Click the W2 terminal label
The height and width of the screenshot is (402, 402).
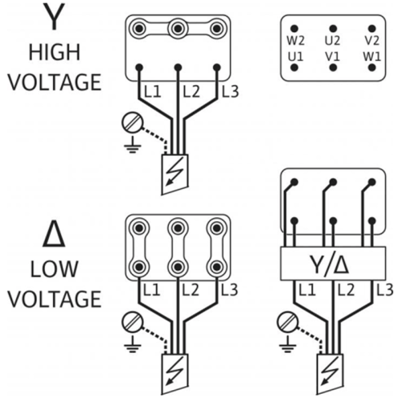tap(296, 41)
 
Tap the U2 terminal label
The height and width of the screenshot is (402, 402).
tap(333, 41)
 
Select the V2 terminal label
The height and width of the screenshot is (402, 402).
tap(371, 41)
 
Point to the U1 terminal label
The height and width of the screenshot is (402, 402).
tap(296, 57)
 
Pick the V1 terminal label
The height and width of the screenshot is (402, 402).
tap(333, 57)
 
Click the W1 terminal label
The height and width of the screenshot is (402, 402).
tap(371, 57)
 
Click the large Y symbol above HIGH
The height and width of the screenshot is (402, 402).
tap(55, 17)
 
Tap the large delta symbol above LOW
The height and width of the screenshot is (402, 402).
tap(54, 234)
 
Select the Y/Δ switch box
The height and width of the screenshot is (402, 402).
tap(333, 264)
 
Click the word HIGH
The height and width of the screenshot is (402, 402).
tap(55, 52)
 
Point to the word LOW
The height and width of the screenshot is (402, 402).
tap(54, 269)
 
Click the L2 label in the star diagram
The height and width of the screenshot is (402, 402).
tap(191, 92)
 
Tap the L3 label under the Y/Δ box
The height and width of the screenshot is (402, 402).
tap(385, 290)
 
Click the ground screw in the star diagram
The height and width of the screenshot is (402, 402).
tap(133, 123)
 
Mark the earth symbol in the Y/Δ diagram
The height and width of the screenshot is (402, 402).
tap(288, 344)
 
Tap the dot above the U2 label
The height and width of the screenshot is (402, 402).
tap(333, 29)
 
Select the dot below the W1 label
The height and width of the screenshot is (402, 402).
tap(371, 68)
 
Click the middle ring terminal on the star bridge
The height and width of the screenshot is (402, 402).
tap(178, 28)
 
